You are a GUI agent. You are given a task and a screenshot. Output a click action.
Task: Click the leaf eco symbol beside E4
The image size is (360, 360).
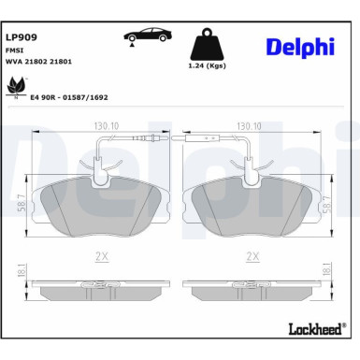tap(17, 88)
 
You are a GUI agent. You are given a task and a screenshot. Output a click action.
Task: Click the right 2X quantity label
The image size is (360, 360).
tap(251, 254)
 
